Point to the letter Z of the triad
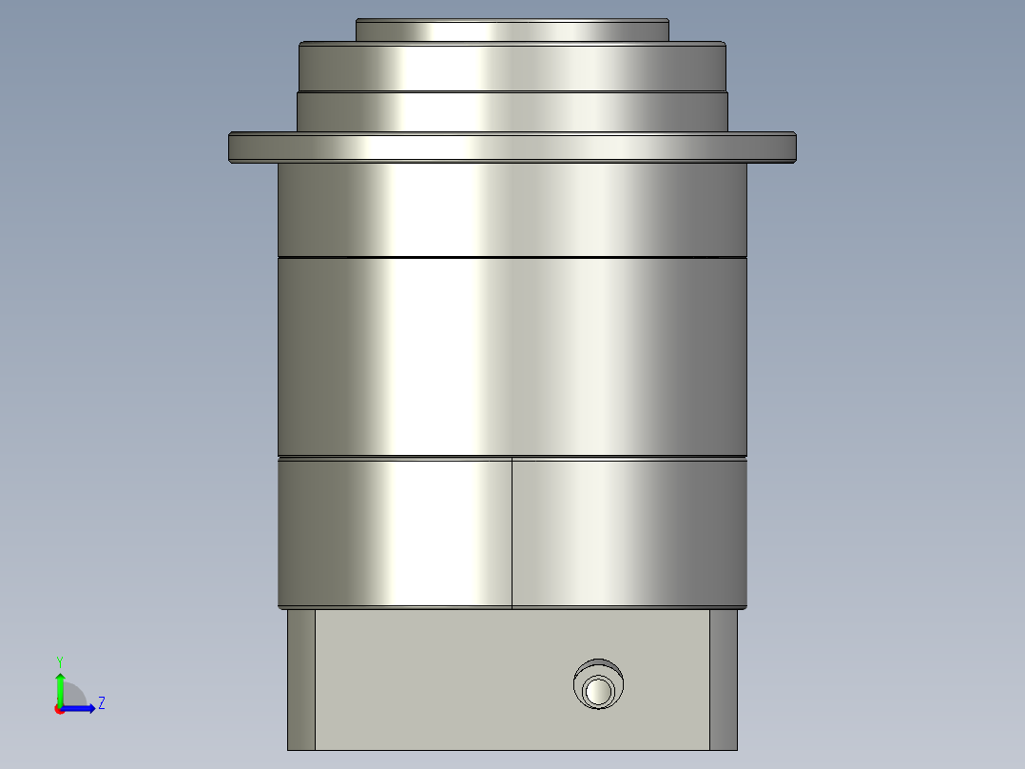point(101,703)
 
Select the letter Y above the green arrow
point(59,661)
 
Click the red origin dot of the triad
point(59,709)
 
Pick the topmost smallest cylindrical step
point(512,30)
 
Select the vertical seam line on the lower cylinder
point(512,533)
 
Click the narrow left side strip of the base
point(300,680)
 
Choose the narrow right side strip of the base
point(723,680)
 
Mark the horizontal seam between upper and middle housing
point(512,257)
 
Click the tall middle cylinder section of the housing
point(512,357)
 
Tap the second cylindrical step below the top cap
point(512,67)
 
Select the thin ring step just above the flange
point(512,111)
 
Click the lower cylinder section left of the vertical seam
point(395,533)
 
